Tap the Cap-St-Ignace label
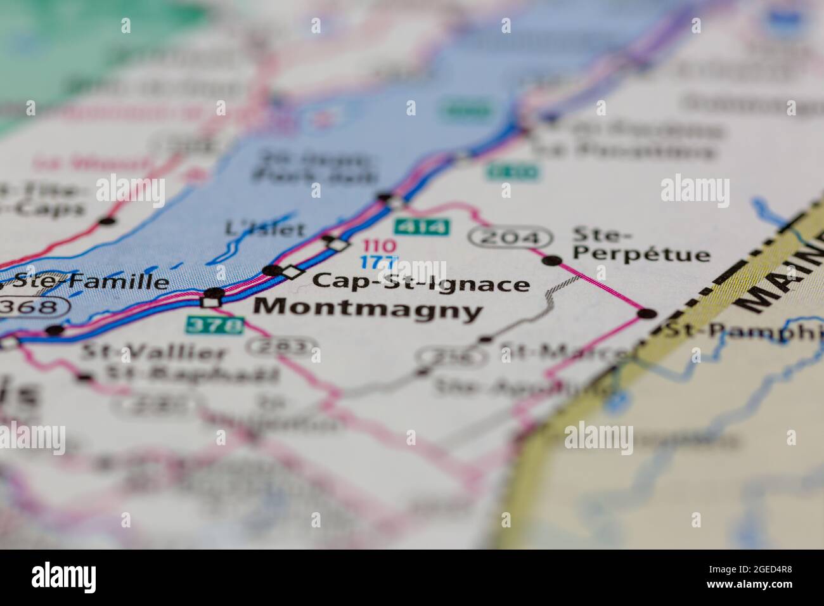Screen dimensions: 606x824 pos(421,282)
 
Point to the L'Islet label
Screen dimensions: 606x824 pos(266,229)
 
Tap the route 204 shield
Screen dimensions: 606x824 pos(510,237)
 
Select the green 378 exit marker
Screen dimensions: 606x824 pos(214,325)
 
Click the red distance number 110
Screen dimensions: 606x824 pos(379,245)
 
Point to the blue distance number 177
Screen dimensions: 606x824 pos(379,262)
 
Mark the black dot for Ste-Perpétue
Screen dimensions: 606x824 pos(553,260)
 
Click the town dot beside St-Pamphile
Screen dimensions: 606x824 pos(647,313)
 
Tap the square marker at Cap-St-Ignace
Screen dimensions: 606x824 pos(292,272)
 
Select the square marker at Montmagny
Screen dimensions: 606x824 pos(211,302)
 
